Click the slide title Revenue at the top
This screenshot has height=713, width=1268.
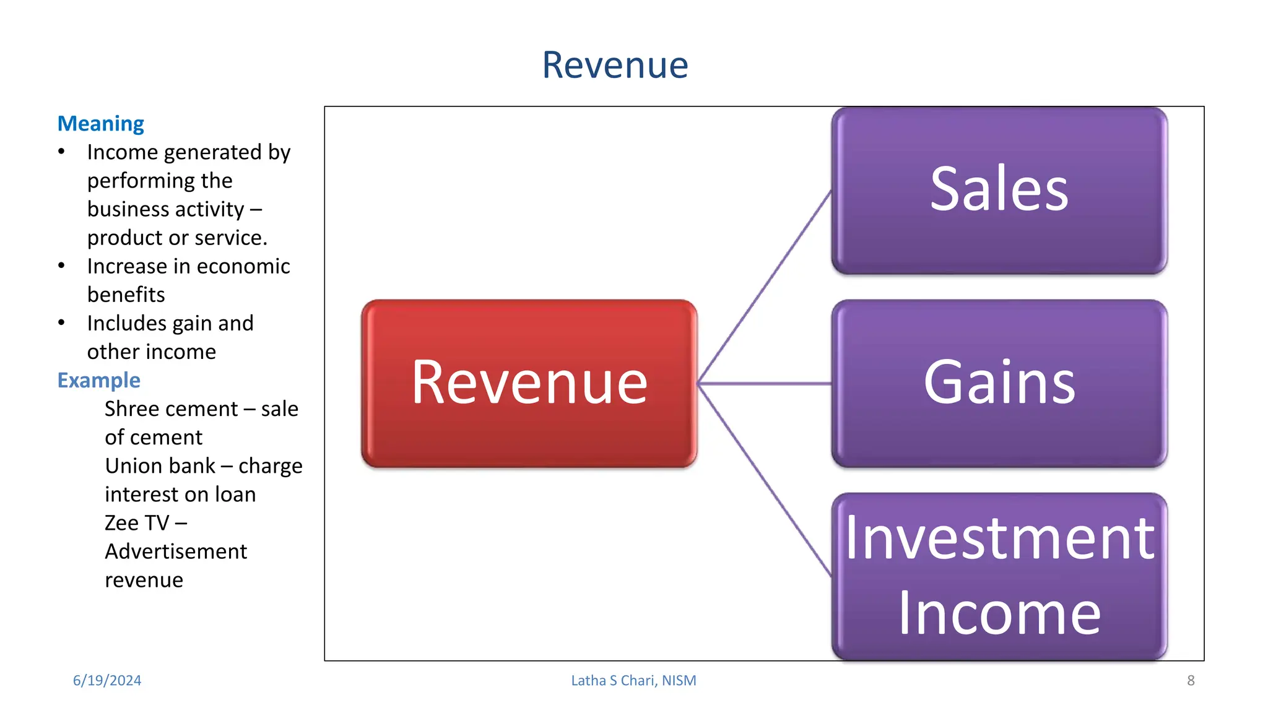(615, 65)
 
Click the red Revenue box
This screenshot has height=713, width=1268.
(529, 383)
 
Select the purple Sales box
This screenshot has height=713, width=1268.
(999, 190)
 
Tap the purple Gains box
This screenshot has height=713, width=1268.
(999, 383)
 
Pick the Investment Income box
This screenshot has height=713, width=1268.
(999, 576)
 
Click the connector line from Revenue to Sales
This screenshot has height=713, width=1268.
(765, 287)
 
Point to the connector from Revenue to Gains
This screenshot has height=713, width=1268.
(765, 384)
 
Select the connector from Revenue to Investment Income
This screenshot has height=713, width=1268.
(765, 480)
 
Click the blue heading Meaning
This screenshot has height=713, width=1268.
(101, 124)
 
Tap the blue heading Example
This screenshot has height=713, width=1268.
(99, 380)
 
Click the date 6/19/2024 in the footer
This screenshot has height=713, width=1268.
(107, 680)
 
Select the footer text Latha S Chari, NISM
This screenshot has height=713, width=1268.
(633, 680)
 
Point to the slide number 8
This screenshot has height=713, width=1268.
(1191, 680)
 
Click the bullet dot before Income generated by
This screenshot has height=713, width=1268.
(61, 152)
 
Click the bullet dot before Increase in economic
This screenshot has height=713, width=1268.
(61, 266)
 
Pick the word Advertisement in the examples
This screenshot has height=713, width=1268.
(176, 551)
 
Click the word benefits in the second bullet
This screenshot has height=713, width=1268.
(126, 295)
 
